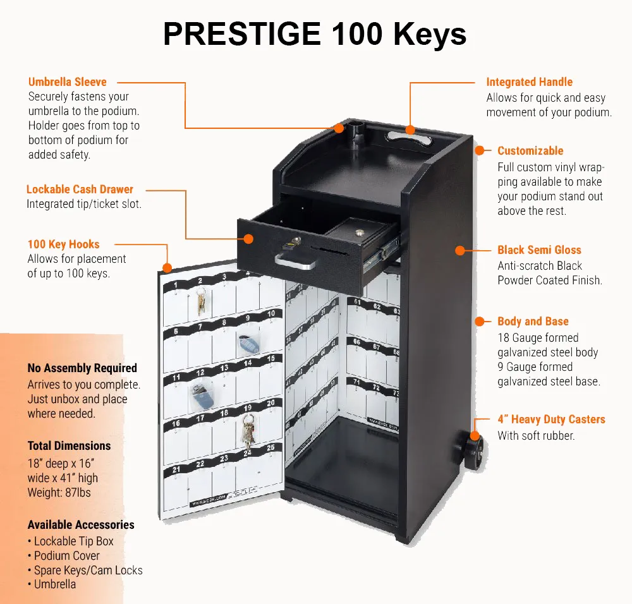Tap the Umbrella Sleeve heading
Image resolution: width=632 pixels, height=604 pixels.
pos(68,82)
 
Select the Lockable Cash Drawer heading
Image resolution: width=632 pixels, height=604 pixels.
pos(80,190)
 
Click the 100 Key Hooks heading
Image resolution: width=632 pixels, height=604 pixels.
pos(63,245)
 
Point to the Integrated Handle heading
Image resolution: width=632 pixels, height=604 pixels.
pos(529,82)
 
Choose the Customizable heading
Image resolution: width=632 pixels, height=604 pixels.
pos(530,151)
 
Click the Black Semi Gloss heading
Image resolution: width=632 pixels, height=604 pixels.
pos(539,250)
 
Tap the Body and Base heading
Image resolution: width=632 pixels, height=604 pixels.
pos(533,322)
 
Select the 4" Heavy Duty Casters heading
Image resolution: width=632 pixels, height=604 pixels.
pos(551,420)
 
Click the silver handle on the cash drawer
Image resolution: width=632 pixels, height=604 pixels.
pos(295,260)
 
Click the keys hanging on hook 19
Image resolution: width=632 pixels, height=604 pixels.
pos(248,435)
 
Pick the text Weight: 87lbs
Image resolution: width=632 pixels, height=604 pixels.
pos(59,492)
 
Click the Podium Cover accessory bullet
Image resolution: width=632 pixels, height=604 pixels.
pos(66,556)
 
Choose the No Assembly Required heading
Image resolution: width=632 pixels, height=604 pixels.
pos(82,368)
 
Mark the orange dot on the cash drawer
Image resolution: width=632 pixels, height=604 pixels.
pos(248,239)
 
